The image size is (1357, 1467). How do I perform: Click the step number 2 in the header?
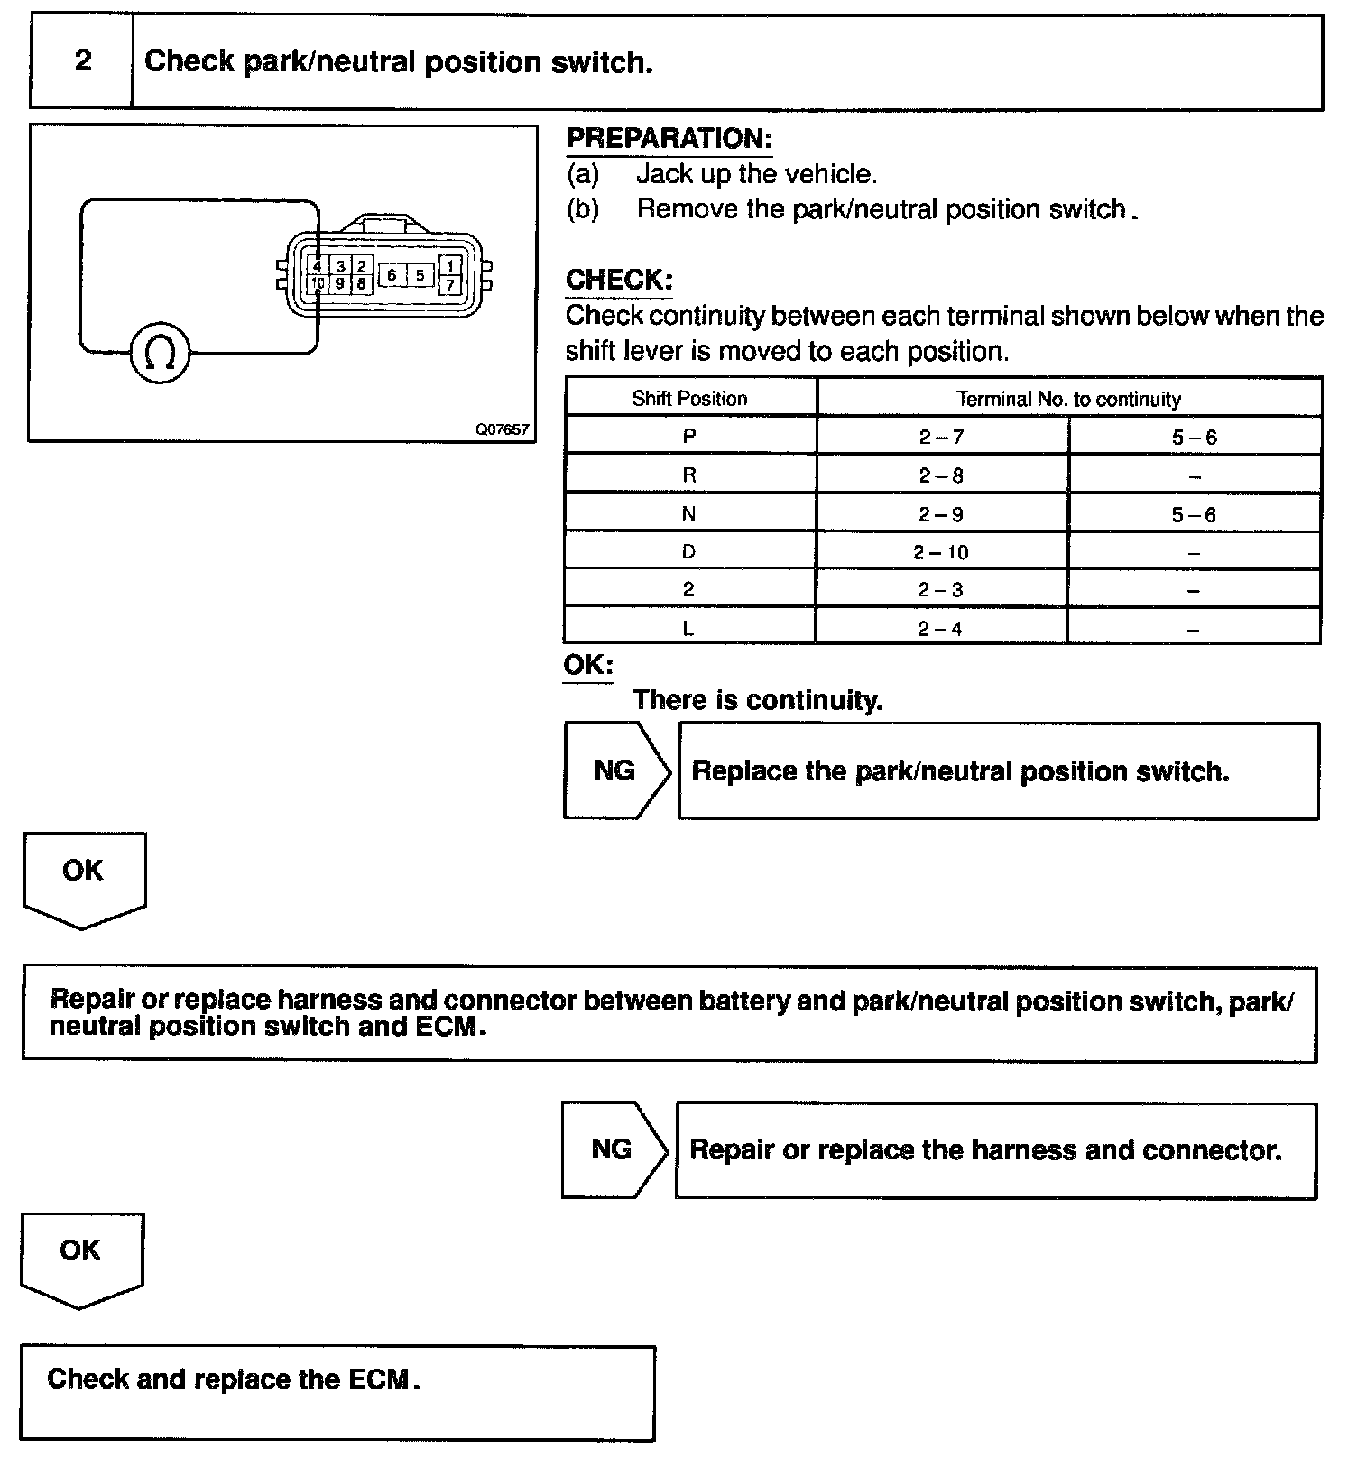pos(83,60)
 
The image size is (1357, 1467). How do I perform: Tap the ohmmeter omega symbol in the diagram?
pos(161,354)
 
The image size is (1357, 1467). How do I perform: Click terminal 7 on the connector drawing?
pos(450,285)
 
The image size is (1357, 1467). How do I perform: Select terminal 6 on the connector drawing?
pos(392,275)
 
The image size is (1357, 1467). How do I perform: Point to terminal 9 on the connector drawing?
pos(339,284)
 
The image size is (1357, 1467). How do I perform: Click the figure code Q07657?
pos(503,429)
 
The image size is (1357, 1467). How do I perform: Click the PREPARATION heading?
pos(669,139)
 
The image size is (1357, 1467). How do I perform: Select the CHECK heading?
pos(619,280)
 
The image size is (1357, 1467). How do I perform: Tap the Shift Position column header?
pos(690,398)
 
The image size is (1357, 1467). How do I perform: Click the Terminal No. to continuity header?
pos(1068,398)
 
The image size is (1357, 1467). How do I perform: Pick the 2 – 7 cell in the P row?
pos(941,438)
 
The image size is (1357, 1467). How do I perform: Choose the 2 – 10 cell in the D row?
pos(940,552)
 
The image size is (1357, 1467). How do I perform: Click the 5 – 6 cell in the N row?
pos(1194,515)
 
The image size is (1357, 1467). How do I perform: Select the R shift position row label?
pos(689,475)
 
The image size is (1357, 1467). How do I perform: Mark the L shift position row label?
pos(688,629)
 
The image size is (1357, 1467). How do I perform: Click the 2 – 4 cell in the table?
pos(940,629)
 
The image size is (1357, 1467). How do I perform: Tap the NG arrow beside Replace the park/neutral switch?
pos(616,770)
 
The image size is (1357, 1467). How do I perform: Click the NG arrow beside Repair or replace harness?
pos(614,1149)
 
